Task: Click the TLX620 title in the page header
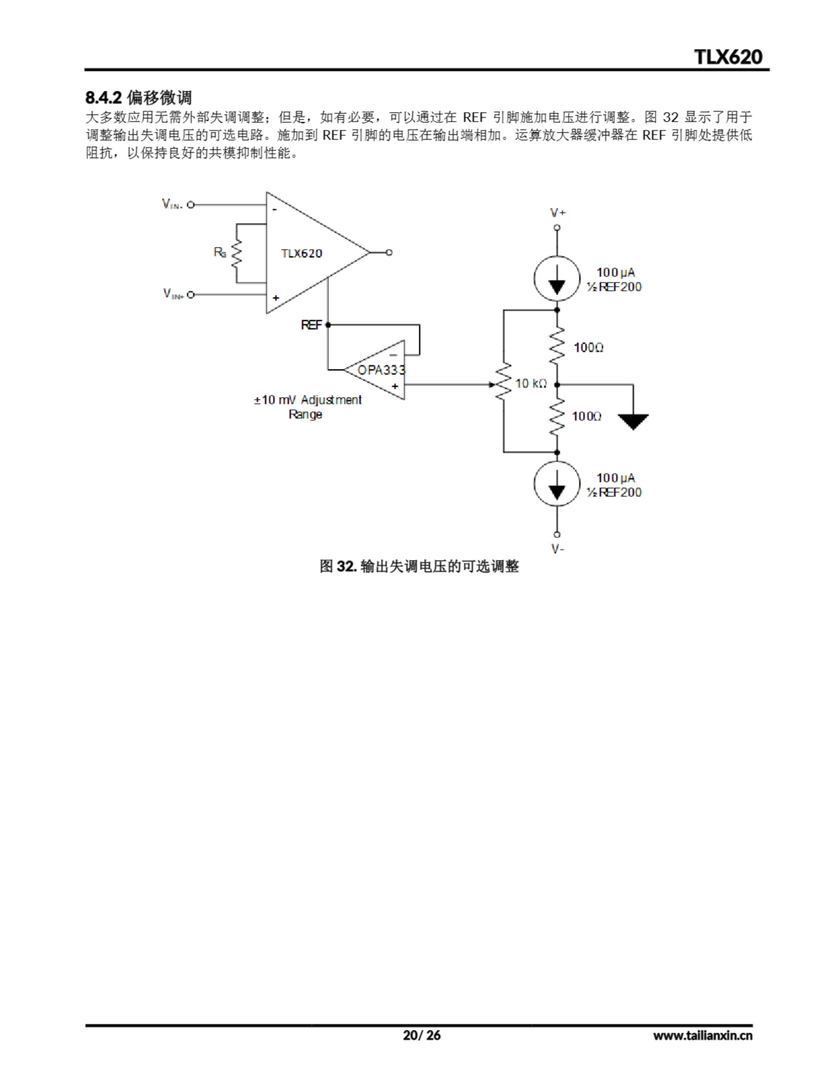728,57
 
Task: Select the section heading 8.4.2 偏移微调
139,97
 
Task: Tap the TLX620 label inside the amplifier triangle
302,253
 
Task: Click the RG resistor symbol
236,253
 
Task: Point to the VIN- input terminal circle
191,204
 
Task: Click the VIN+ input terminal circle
191,295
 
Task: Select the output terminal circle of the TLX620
389,252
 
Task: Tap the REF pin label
311,325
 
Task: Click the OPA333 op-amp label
381,370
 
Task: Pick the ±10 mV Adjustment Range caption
308,407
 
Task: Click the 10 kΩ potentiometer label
530,384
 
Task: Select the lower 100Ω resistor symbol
557,416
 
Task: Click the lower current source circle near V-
557,484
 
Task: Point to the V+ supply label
558,213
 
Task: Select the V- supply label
558,549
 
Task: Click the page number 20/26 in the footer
421,1035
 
